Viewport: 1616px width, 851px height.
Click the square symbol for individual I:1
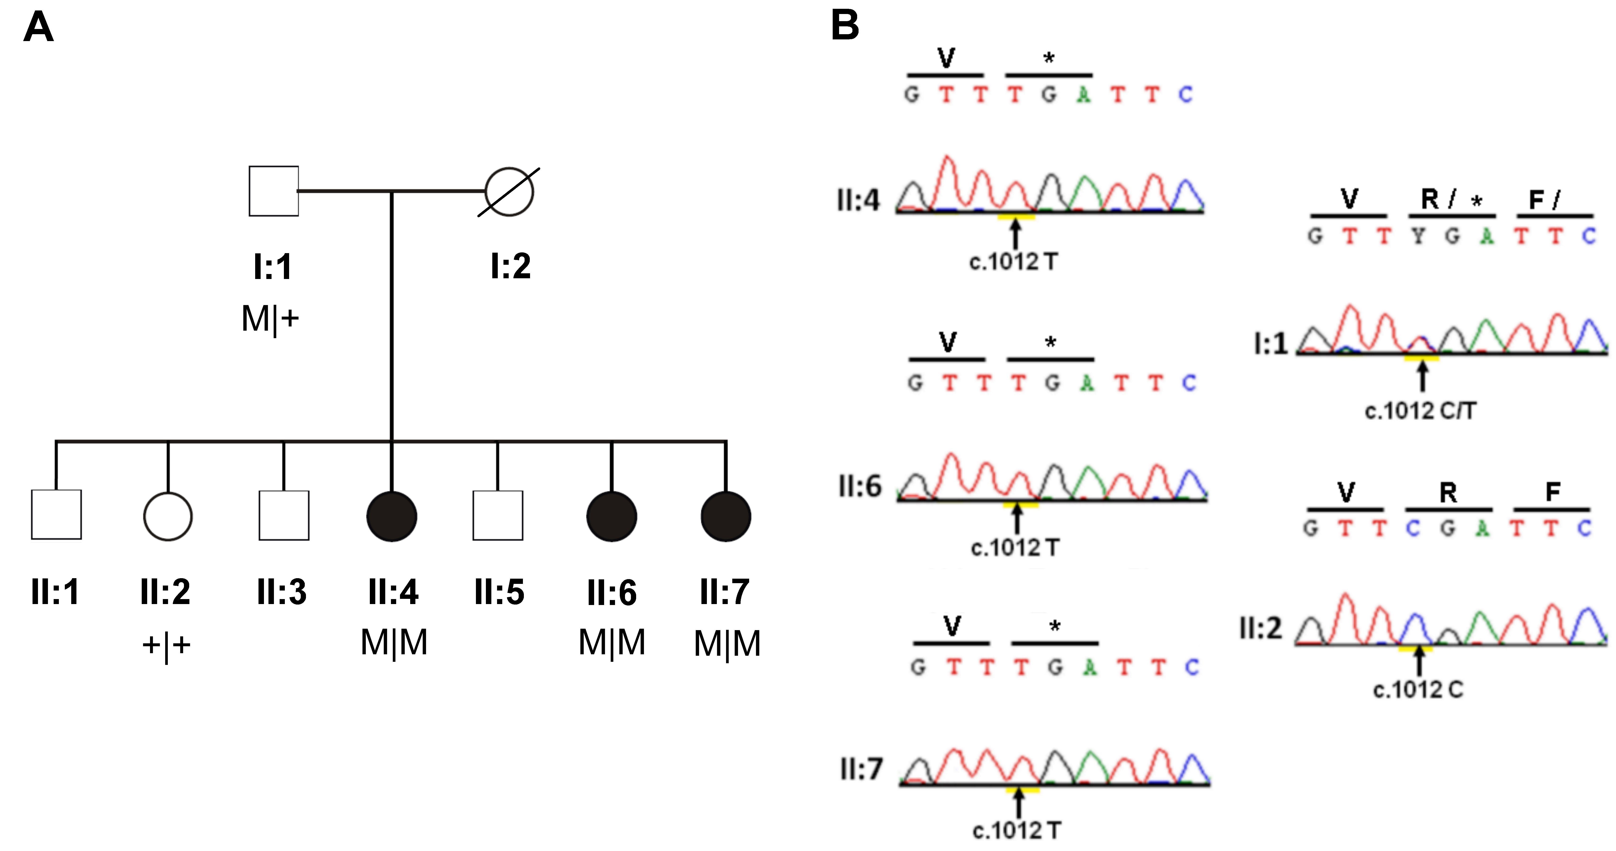(273, 191)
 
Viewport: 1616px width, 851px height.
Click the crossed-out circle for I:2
(509, 191)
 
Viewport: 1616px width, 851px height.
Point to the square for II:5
(498, 515)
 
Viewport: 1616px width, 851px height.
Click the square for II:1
(56, 515)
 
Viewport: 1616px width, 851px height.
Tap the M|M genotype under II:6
(612, 643)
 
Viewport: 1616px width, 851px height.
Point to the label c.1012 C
(1418, 690)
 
